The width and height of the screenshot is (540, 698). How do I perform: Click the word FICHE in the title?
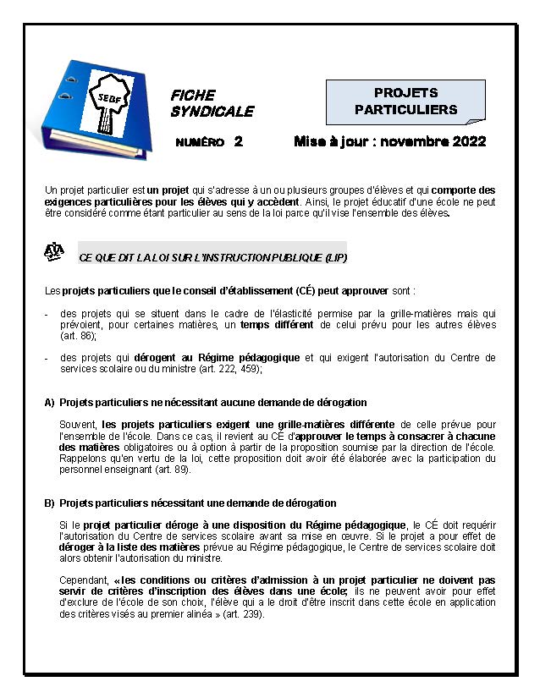pos(193,96)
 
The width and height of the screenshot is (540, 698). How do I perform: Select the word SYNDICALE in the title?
pos(212,112)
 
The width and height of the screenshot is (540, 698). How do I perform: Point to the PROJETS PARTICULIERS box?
pos(405,101)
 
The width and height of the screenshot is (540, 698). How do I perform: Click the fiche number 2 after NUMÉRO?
pos(239,141)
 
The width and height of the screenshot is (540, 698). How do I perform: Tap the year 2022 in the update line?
pos(467,141)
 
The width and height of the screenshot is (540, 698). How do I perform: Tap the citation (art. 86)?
pos(79,336)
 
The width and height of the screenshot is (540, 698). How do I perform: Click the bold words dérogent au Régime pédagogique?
pos(229,358)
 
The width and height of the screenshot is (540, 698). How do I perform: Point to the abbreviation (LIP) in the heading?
pos(335,256)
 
